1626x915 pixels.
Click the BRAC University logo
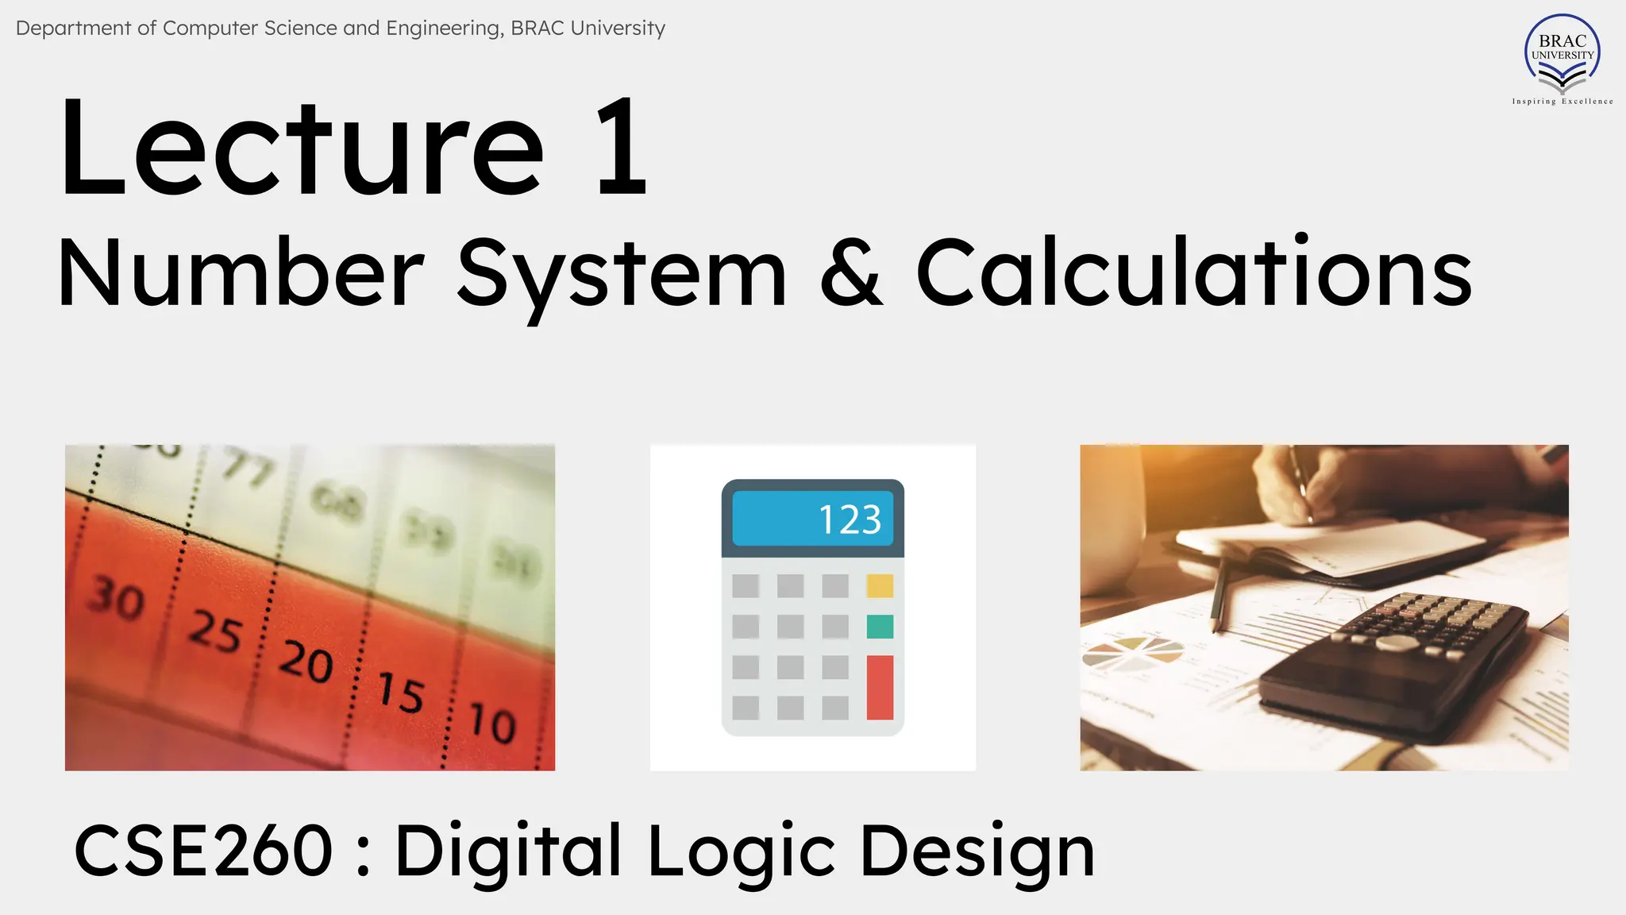tap(1562, 54)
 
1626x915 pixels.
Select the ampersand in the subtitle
tap(851, 272)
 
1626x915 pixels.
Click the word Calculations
tap(1194, 272)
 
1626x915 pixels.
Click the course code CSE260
tap(203, 851)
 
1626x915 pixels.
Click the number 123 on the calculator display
tap(850, 520)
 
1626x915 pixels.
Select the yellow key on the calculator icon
tap(880, 586)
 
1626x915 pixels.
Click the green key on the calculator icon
tap(880, 627)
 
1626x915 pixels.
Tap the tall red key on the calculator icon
tap(880, 687)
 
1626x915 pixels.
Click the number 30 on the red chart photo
tap(116, 599)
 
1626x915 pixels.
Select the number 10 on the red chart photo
tap(492, 723)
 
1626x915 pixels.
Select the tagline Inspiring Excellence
tap(1562, 102)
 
